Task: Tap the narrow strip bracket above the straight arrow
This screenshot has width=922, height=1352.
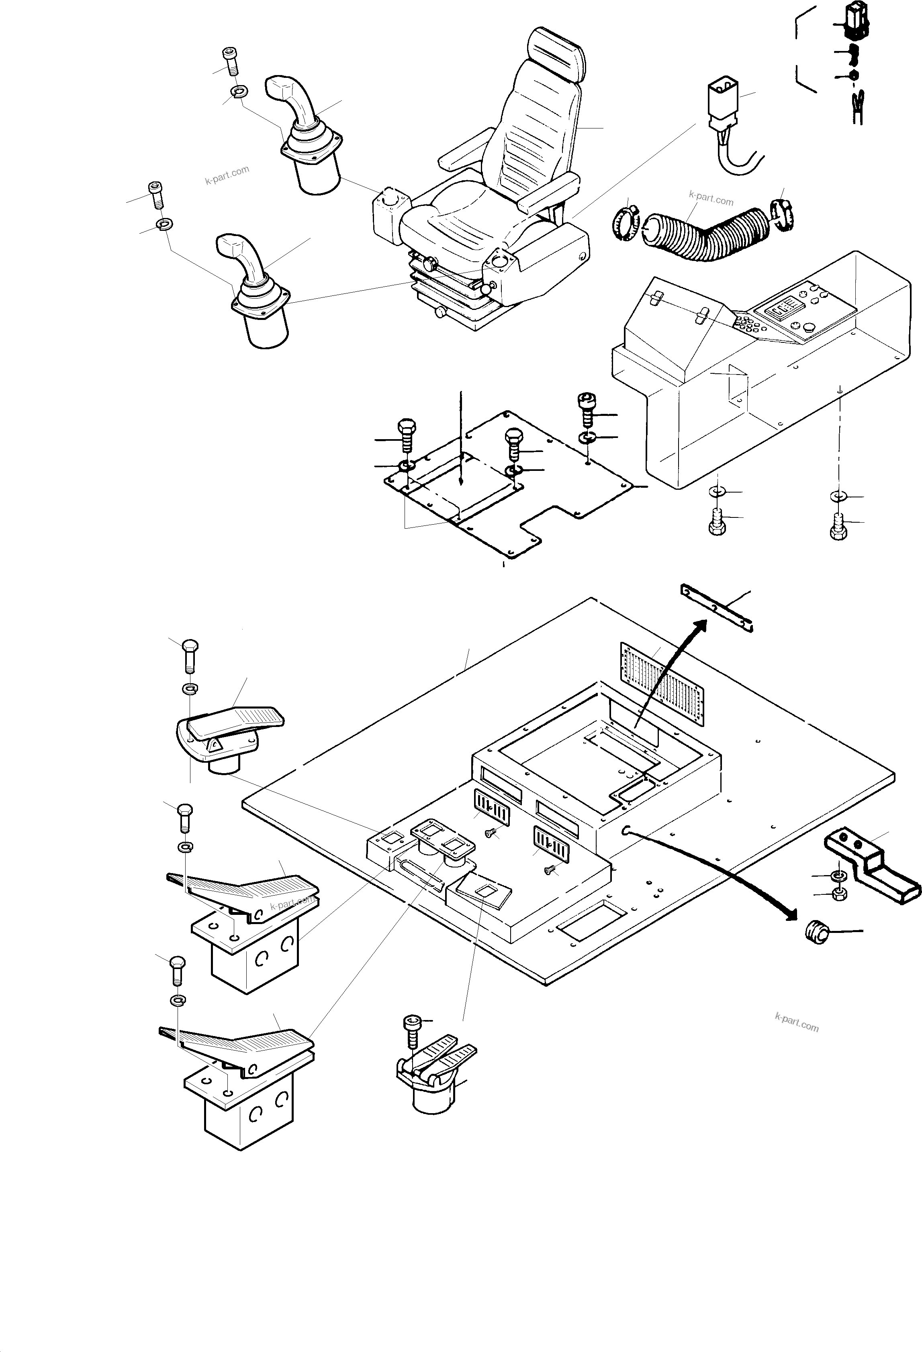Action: pos(716,608)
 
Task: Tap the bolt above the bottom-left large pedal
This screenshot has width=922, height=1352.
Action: pos(176,970)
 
